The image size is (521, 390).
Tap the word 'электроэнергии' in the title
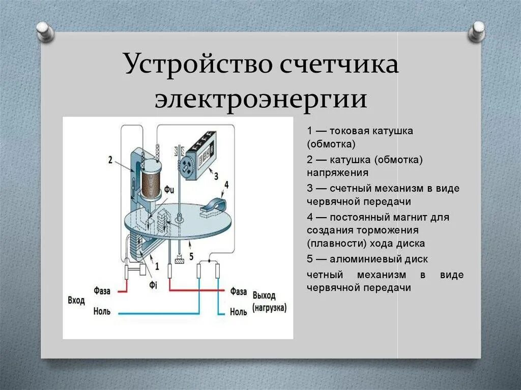pyautogui.click(x=262, y=99)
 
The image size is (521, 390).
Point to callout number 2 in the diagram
pyautogui.click(x=110, y=160)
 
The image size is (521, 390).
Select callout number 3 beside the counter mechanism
pyautogui.click(x=216, y=176)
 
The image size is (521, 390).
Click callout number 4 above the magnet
pyautogui.click(x=226, y=185)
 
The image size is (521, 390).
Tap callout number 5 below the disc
pyautogui.click(x=191, y=256)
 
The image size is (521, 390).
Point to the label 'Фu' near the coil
pyautogui.click(x=169, y=192)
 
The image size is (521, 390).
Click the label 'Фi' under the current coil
pyautogui.click(x=153, y=285)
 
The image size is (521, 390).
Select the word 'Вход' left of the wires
pyautogui.click(x=76, y=301)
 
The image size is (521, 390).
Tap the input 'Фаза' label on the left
pyautogui.click(x=102, y=291)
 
